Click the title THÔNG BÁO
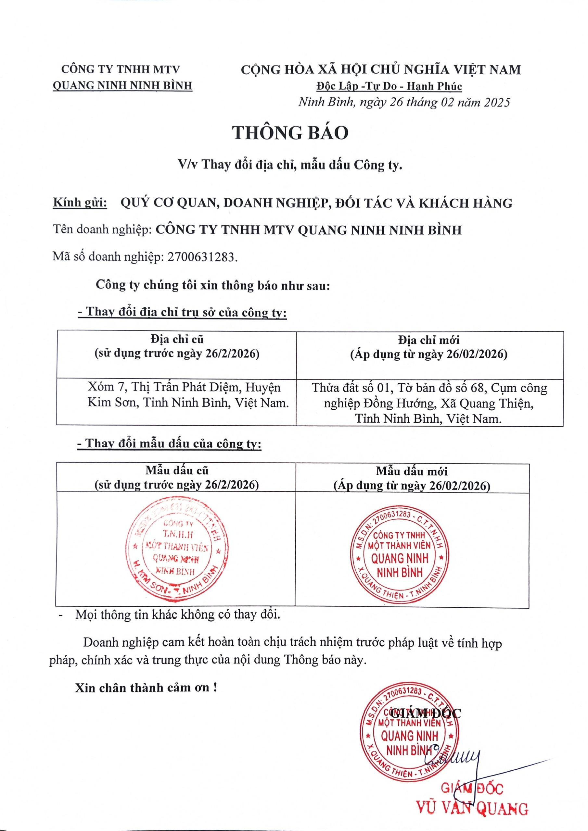pyautogui.click(x=290, y=133)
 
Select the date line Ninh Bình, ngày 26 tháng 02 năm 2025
pyautogui.click(x=404, y=103)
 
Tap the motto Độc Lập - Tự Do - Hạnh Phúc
pyautogui.click(x=389, y=86)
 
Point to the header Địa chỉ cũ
pyautogui.click(x=177, y=340)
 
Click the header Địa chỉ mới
pyautogui.click(x=428, y=340)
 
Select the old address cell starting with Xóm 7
pyautogui.click(x=188, y=395)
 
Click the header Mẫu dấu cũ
pyautogui.click(x=177, y=470)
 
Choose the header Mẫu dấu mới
pyautogui.click(x=412, y=471)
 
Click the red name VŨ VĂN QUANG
pyautogui.click(x=472, y=809)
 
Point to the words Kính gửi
pyautogui.click(x=80, y=202)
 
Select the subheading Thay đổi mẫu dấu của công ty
pyautogui.click(x=170, y=444)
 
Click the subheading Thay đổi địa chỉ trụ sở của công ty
pyautogui.click(x=182, y=312)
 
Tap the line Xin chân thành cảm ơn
pyautogui.click(x=146, y=688)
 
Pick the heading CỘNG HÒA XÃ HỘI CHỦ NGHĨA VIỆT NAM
pyautogui.click(x=381, y=69)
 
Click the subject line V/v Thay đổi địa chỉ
pyautogui.click(x=290, y=165)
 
